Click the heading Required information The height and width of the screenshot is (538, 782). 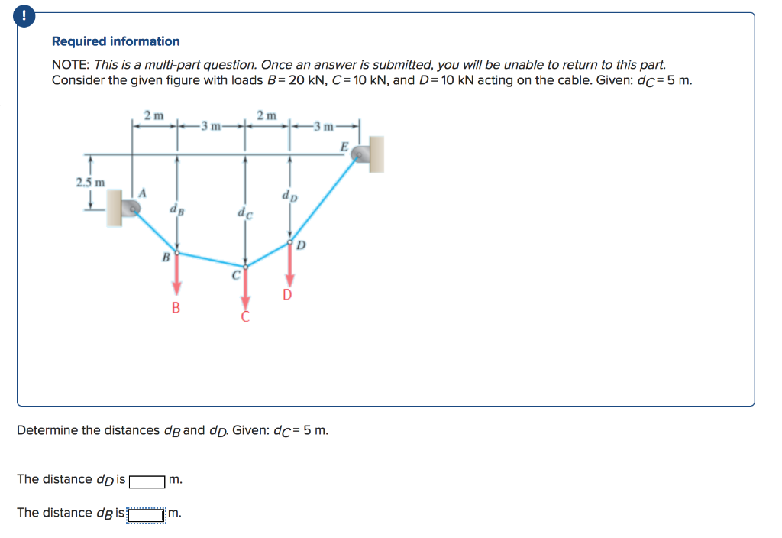(116, 41)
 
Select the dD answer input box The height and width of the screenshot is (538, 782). (147, 481)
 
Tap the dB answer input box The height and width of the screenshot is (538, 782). (147, 514)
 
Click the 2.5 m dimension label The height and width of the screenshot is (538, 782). (91, 182)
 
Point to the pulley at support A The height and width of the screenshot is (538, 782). (132, 207)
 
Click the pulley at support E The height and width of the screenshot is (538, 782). (359, 154)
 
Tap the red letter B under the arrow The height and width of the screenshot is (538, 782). (176, 308)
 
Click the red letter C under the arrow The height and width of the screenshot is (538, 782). (245, 317)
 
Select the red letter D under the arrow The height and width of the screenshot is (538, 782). (287, 295)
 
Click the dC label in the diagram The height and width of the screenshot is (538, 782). (244, 215)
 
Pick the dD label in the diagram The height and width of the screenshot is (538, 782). (290, 197)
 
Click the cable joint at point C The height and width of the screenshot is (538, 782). (245, 266)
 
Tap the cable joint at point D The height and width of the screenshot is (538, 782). (289, 241)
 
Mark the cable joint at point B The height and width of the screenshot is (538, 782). (177, 253)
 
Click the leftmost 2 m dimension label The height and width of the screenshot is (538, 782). (153, 115)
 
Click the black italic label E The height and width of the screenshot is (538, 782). (344, 146)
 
